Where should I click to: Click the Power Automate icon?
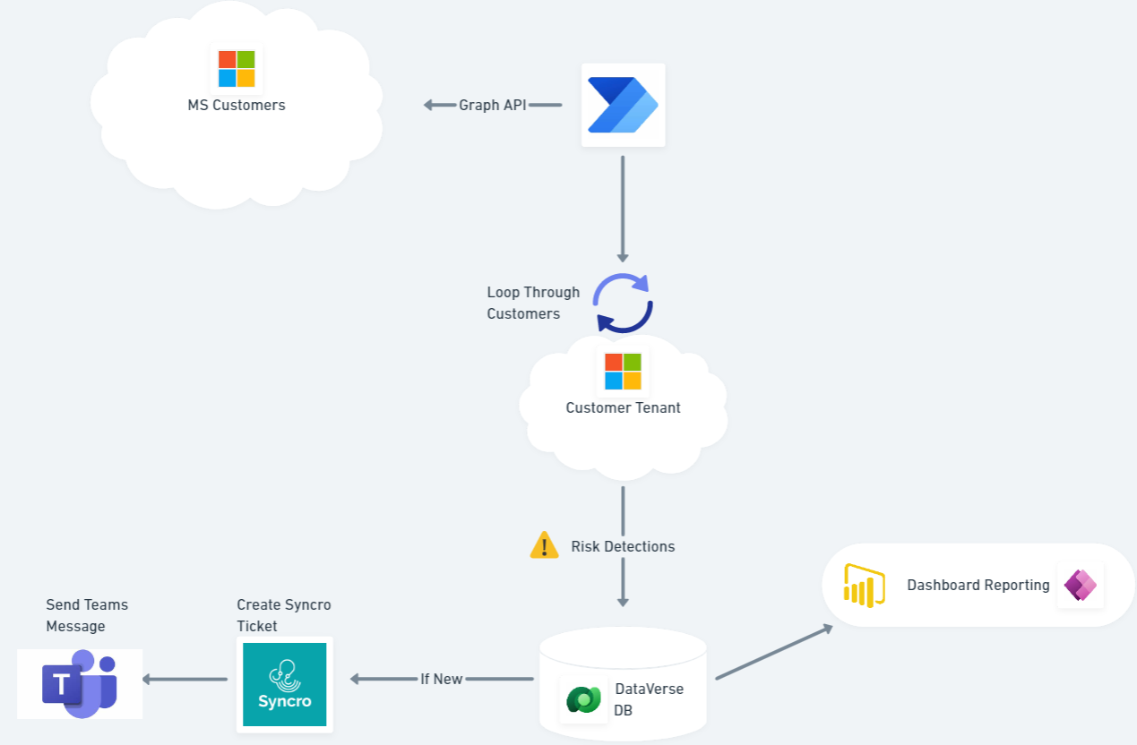click(x=623, y=105)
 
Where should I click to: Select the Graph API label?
click(x=492, y=105)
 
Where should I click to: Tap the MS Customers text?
click(x=237, y=105)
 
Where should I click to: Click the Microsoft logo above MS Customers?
click(x=237, y=69)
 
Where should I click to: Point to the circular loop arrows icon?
click(x=624, y=304)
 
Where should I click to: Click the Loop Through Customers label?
click(x=532, y=303)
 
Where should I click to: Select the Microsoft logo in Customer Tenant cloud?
click(x=623, y=372)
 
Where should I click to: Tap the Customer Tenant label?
click(x=623, y=408)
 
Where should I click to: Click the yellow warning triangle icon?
click(x=544, y=545)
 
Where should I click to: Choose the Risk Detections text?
click(x=623, y=546)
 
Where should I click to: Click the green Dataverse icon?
click(x=584, y=699)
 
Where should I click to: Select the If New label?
click(x=442, y=679)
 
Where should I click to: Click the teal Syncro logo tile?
click(x=284, y=684)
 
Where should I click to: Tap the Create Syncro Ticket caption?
click(x=283, y=615)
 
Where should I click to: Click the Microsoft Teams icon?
click(x=79, y=684)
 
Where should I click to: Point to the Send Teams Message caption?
click(x=87, y=615)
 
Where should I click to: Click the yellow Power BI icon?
click(x=864, y=586)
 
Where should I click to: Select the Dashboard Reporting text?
click(x=978, y=585)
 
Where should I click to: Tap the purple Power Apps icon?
click(x=1080, y=586)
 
